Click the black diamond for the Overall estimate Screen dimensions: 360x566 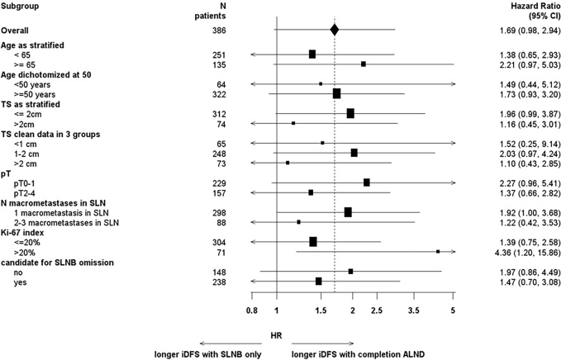click(334, 30)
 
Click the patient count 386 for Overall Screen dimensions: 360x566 click(219, 30)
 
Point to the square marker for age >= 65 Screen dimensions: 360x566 click(364, 64)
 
